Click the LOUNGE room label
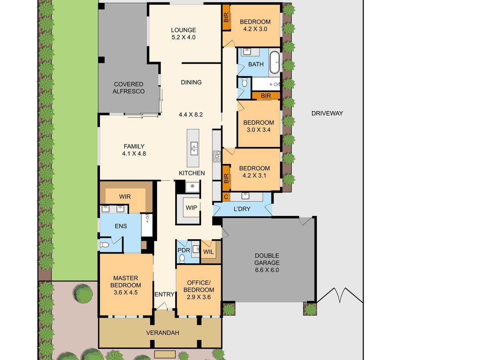point(183,30)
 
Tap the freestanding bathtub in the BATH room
point(274,62)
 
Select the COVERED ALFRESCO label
point(128,88)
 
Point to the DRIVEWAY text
point(327,113)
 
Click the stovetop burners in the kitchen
point(217,156)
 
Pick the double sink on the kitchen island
point(194,148)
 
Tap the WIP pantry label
point(191,208)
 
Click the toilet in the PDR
point(182,258)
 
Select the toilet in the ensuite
point(104,244)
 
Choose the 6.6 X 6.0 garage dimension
point(267,270)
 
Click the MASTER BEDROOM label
point(126,282)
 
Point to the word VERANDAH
point(162,333)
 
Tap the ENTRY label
point(164,294)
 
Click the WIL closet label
point(208,252)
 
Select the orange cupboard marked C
point(226,197)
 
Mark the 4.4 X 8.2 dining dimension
point(191,114)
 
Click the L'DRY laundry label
point(242,209)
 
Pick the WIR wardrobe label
point(125,196)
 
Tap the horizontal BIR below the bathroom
point(266,96)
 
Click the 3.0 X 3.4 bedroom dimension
point(258,130)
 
